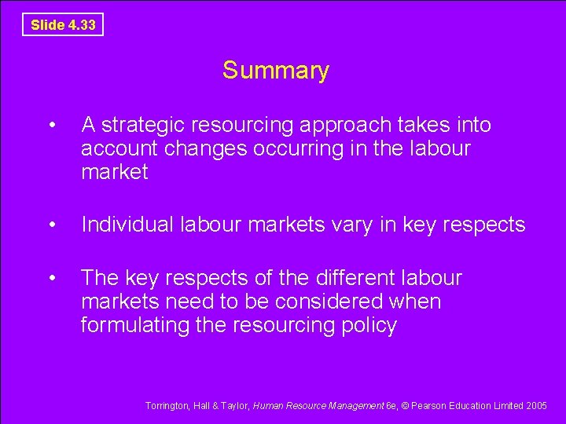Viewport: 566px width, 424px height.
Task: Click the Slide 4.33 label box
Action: (63, 25)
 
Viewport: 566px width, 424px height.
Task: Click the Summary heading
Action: (276, 71)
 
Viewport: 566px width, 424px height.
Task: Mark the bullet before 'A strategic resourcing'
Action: (51, 126)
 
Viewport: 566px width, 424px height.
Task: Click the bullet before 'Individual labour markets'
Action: (51, 225)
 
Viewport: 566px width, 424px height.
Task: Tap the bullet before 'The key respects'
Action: (51, 278)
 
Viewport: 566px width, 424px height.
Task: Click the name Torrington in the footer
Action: (167, 406)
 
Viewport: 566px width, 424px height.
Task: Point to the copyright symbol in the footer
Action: (406, 406)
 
